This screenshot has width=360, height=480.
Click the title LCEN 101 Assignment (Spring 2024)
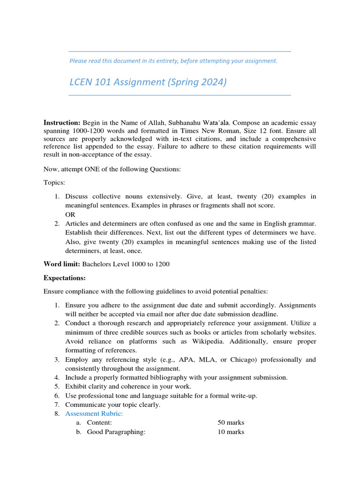click(148, 82)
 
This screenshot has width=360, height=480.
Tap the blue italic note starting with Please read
click(173, 61)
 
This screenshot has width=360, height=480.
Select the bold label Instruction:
click(62, 122)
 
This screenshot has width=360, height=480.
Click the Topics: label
click(55, 183)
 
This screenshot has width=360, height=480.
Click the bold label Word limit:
click(62, 264)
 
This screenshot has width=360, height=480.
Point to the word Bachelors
click(97, 264)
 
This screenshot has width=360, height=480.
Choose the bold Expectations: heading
click(65, 278)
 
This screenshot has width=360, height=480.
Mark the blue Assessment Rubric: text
click(94, 413)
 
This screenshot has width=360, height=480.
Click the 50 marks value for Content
click(231, 423)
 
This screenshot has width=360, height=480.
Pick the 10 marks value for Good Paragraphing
click(231, 432)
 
